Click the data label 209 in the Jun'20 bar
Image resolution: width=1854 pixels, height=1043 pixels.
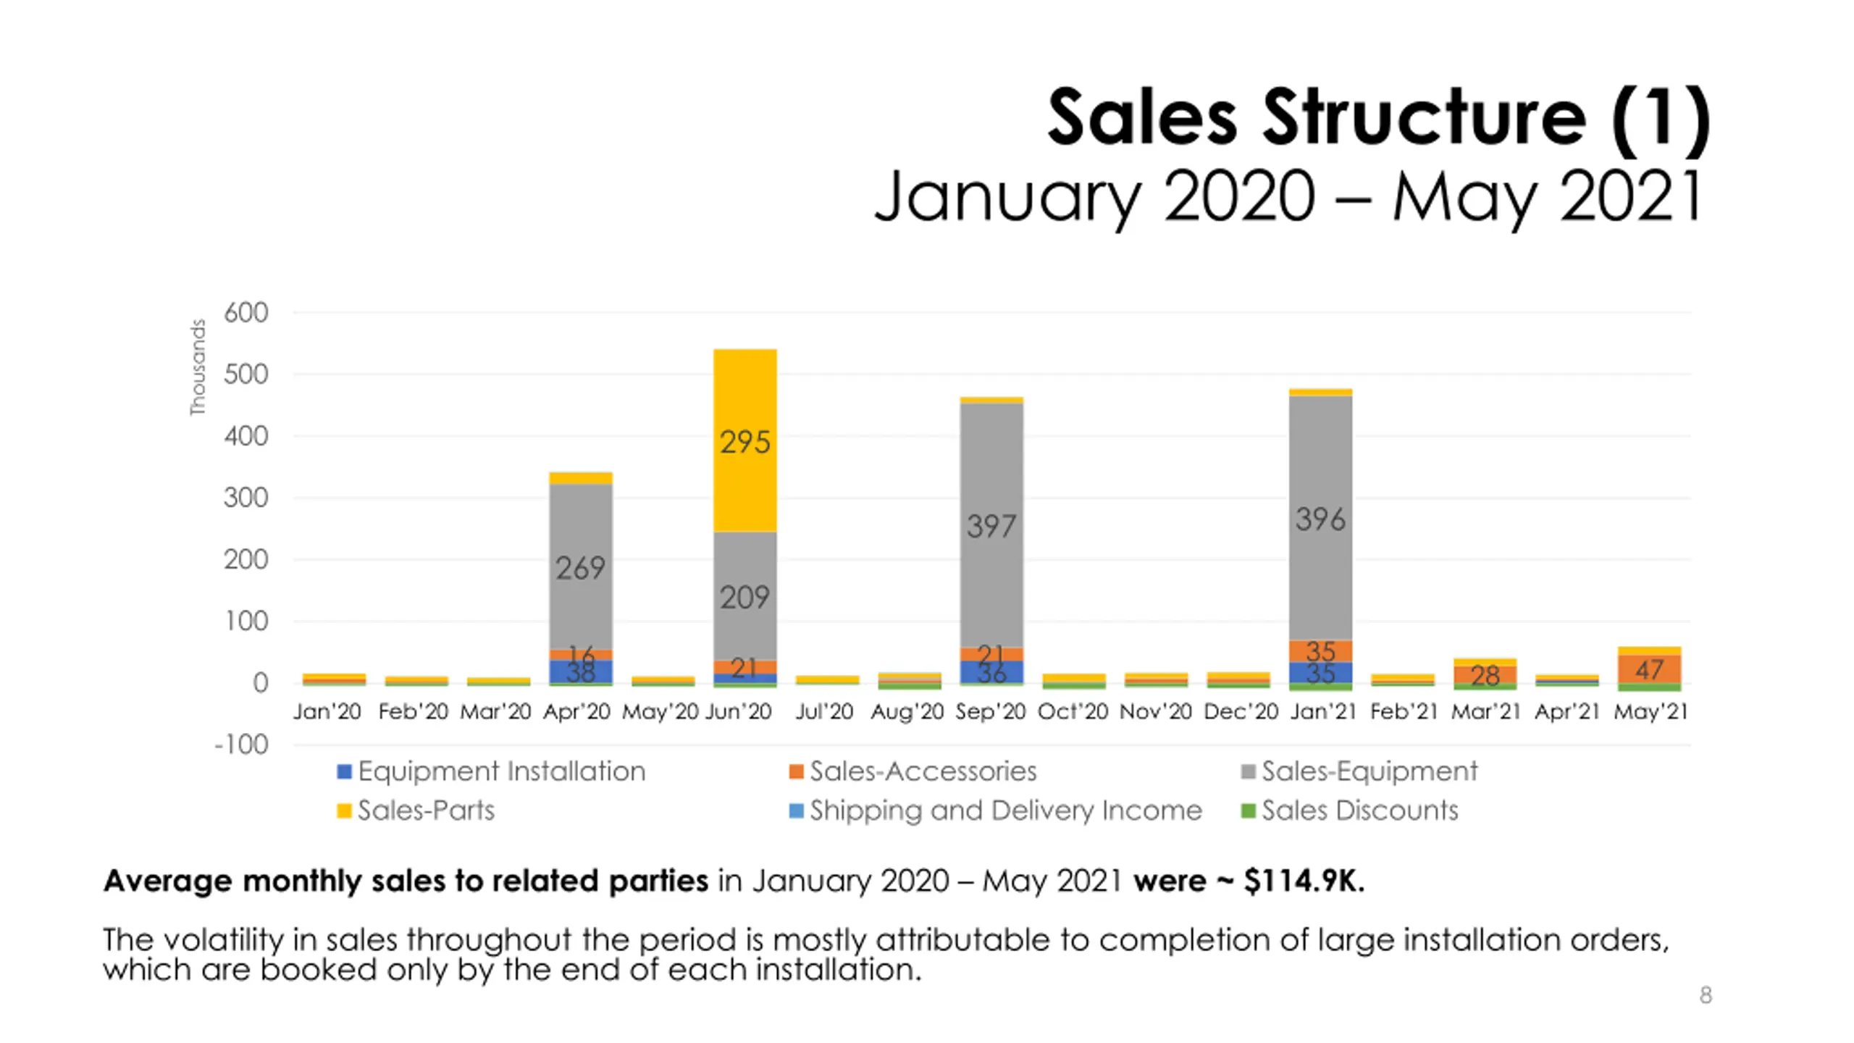(x=744, y=598)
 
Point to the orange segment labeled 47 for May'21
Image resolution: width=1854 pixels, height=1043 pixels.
(x=1649, y=669)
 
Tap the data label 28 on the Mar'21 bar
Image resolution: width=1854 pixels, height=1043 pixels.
(x=1485, y=676)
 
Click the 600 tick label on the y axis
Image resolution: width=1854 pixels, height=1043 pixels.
(x=246, y=313)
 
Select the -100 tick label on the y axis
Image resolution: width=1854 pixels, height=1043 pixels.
(x=242, y=745)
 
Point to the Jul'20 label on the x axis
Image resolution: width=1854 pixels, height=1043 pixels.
(x=824, y=711)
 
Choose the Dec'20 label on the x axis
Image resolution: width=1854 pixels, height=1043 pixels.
(x=1240, y=711)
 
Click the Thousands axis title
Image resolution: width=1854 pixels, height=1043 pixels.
(x=198, y=367)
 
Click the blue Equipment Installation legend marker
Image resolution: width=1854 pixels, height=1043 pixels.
(x=345, y=771)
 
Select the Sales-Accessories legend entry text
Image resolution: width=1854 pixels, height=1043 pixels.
(x=923, y=771)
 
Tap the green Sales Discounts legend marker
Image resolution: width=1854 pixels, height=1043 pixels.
(x=1248, y=810)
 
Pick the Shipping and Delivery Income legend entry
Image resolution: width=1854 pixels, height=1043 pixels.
(x=1005, y=810)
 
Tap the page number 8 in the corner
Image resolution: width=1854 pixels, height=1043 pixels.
(x=1706, y=995)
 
